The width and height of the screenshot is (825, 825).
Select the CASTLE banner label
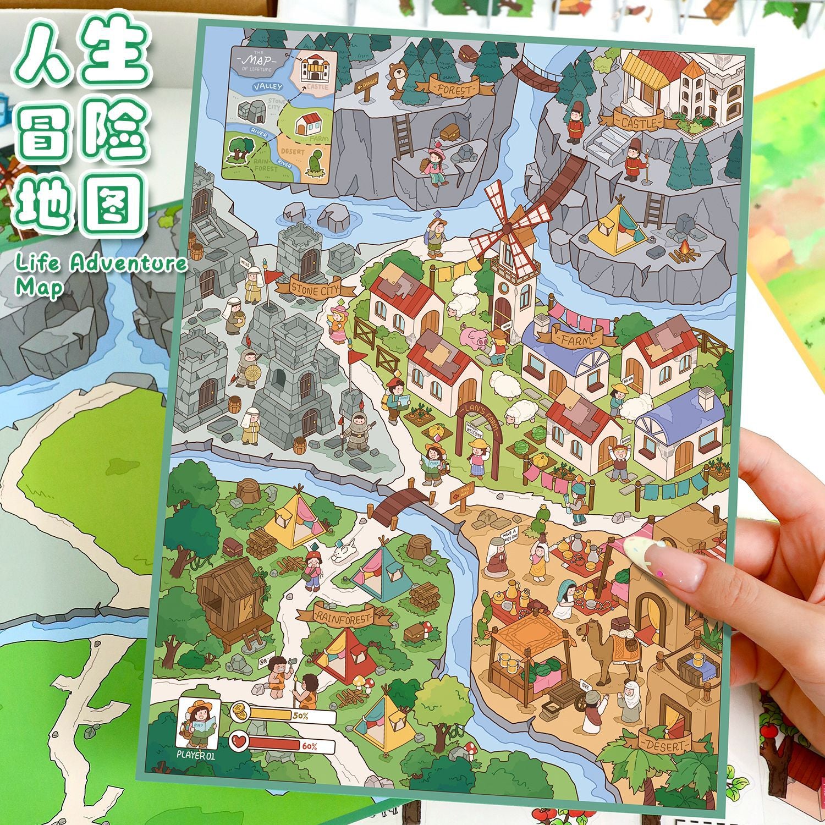[638, 123]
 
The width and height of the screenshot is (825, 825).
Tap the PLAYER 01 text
[195, 755]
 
